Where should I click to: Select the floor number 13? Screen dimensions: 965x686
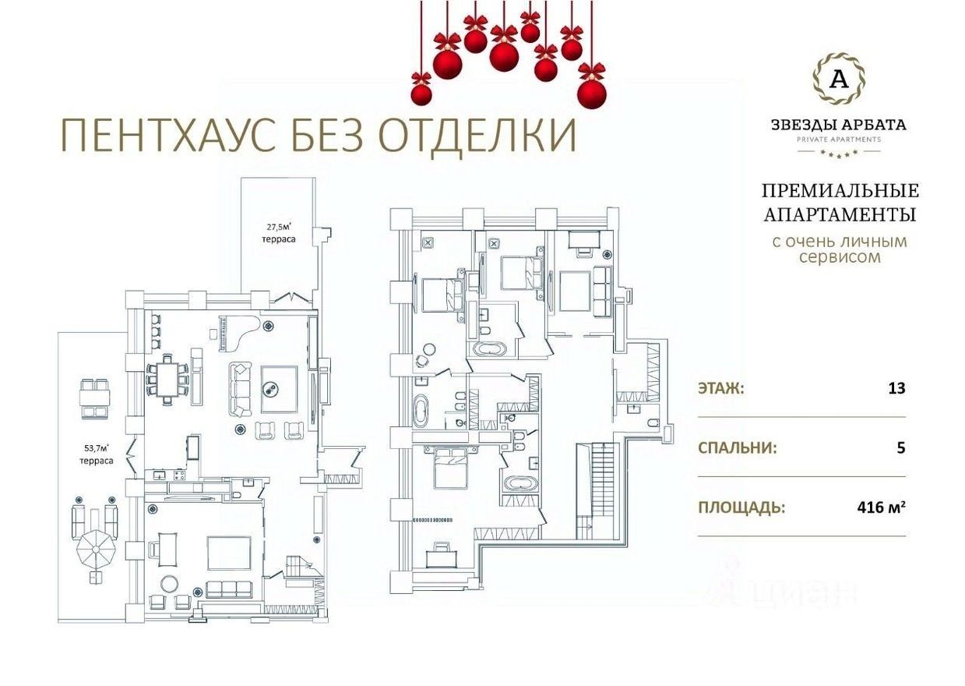click(896, 388)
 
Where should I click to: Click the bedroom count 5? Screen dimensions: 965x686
click(901, 448)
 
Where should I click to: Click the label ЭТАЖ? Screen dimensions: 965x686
click(721, 389)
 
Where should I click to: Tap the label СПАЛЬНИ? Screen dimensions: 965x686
click(738, 448)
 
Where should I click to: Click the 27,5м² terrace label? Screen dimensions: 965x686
click(279, 233)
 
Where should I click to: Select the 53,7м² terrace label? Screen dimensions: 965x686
click(96, 454)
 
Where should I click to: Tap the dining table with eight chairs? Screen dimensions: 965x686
click(167, 380)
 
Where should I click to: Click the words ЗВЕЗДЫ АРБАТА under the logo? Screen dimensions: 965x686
click(839, 125)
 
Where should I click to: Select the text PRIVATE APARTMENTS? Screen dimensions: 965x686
click(839, 140)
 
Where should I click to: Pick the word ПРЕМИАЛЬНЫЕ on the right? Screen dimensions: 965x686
click(840, 191)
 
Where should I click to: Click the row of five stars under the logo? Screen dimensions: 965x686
click(839, 153)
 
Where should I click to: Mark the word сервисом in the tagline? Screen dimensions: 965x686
click(840, 257)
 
